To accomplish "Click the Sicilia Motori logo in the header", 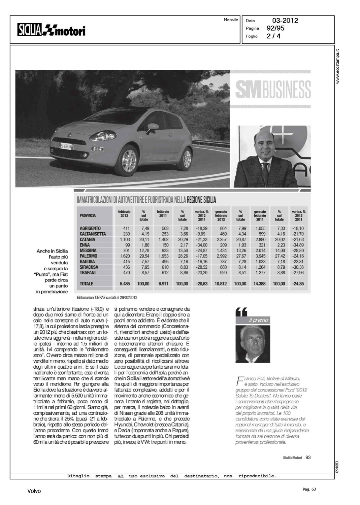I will click(x=52, y=30).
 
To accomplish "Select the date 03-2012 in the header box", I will click(x=285, y=21).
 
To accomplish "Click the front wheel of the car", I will click(x=129, y=161).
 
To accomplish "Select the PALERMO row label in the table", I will click(x=88, y=256).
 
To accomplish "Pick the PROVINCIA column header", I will click(x=88, y=215).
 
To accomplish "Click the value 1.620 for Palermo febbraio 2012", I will click(x=125, y=256).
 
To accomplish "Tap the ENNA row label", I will click(x=85, y=245).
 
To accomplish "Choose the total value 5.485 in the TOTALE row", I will click(x=125, y=284).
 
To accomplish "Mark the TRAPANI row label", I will click(x=88, y=273).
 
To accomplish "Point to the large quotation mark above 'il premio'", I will click(x=241, y=312).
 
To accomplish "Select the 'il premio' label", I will click(x=258, y=320).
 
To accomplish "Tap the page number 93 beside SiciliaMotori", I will click(x=308, y=457).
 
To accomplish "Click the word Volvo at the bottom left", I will click(x=34, y=491).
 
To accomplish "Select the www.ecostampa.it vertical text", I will click(x=338, y=66).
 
